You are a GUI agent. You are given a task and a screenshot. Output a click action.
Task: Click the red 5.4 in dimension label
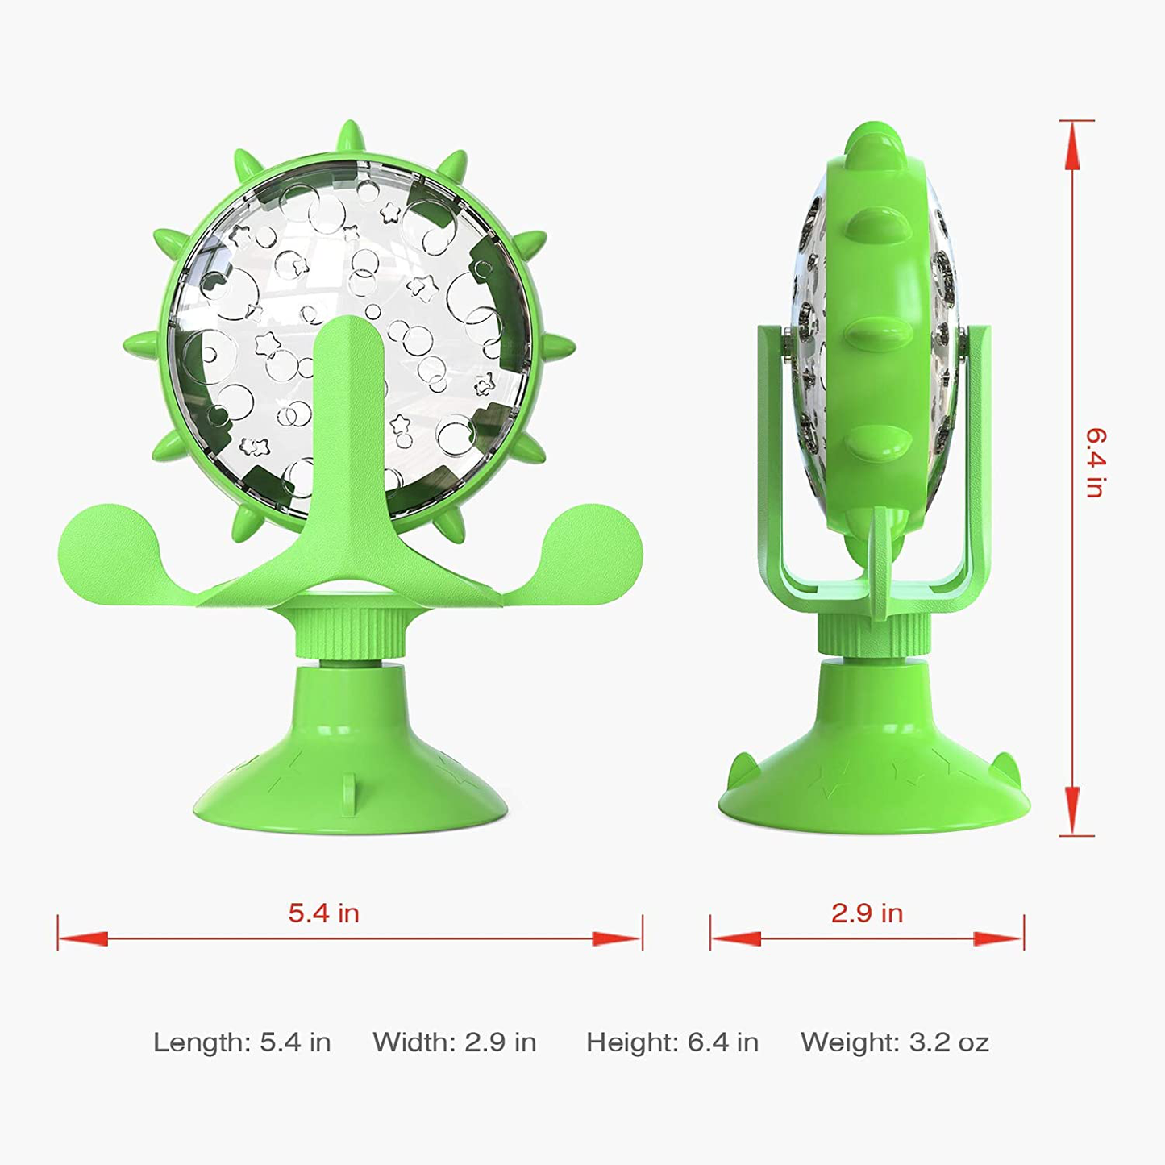pos(323,913)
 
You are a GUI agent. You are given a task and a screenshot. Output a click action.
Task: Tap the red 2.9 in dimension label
pos(867,913)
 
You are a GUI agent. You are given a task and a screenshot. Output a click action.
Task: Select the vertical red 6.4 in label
pos(1095,463)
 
